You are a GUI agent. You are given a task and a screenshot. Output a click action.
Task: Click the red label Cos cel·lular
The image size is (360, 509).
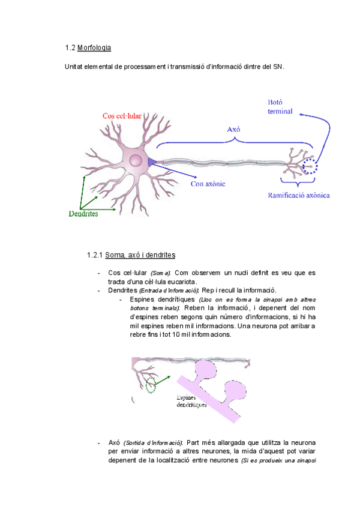(122, 116)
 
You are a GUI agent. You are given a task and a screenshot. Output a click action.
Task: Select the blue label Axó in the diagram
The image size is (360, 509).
(234, 129)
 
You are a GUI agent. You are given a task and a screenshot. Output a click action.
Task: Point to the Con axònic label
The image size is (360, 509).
(208, 184)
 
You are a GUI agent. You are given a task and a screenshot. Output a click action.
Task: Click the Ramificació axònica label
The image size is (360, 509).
(299, 195)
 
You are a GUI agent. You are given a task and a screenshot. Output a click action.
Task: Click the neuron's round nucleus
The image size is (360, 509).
(136, 160)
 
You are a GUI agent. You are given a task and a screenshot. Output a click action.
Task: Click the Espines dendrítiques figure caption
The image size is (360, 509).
(191, 401)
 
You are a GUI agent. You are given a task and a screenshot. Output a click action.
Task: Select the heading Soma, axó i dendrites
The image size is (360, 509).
(140, 255)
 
